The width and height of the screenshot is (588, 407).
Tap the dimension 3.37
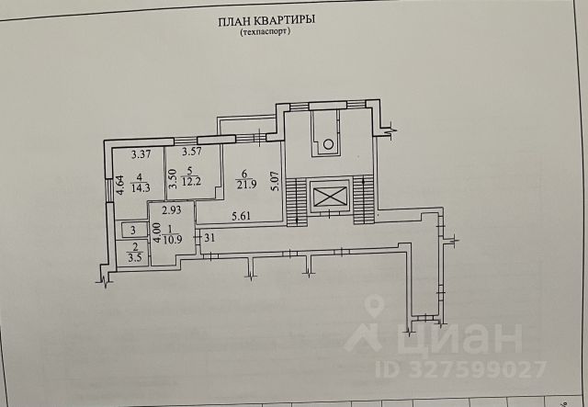(x=141, y=153)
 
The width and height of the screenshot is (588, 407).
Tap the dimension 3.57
(x=191, y=153)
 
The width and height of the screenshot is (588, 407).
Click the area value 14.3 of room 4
(x=141, y=187)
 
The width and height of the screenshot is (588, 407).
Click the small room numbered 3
(x=133, y=231)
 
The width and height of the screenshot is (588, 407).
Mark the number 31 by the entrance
(x=209, y=239)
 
